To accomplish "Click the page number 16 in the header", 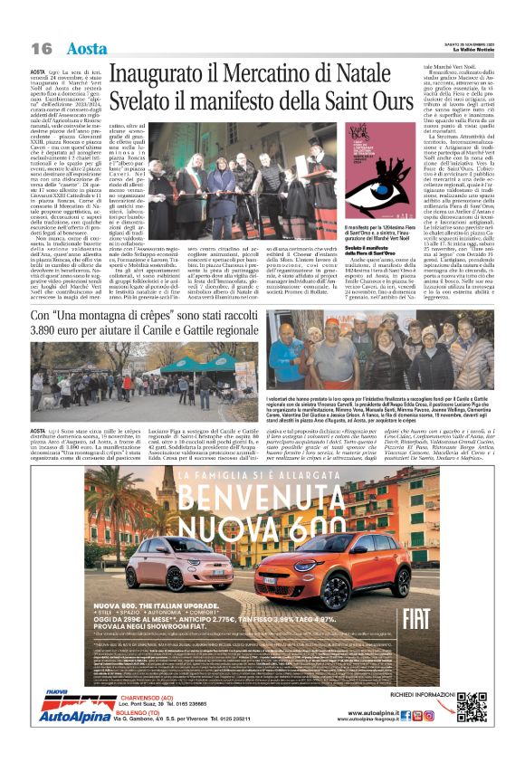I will point(42,47).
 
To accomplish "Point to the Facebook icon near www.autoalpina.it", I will point(406,715).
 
